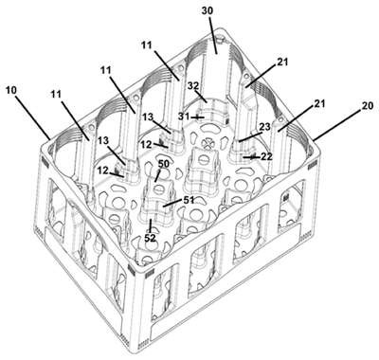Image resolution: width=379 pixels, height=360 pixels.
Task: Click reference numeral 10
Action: (11, 91)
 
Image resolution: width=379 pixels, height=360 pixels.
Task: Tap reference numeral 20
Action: (368, 106)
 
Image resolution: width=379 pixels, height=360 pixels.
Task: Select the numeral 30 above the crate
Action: (208, 10)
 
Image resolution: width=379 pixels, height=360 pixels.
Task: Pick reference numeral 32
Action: (194, 86)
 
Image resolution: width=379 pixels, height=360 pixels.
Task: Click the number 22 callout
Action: (265, 156)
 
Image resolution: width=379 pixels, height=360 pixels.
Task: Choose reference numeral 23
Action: (264, 127)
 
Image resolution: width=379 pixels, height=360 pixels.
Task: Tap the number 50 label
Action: (164, 164)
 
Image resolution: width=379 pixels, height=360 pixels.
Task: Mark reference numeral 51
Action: (188, 200)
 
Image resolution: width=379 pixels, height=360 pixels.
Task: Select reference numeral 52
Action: (150, 238)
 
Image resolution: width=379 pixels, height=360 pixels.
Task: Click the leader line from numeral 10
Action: (32, 117)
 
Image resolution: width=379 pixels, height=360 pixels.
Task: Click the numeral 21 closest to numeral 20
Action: (319, 103)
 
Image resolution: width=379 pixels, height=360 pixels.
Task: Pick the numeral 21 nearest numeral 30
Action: (282, 63)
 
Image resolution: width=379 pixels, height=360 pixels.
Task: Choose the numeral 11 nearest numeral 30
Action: (147, 45)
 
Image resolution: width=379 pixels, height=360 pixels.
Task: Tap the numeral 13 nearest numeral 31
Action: (148, 117)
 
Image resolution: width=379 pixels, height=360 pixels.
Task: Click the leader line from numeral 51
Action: (172, 203)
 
